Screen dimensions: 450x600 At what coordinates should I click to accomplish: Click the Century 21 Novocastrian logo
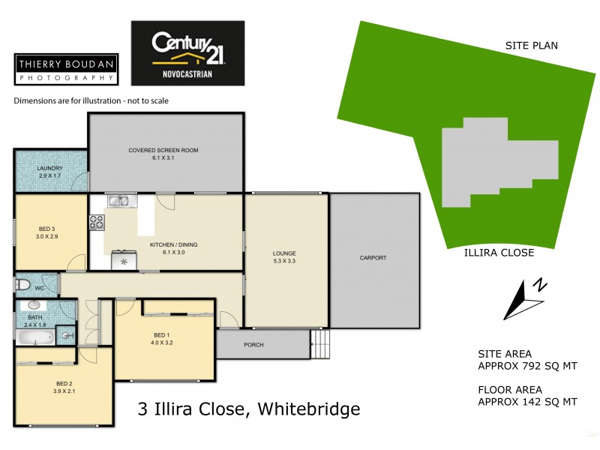(x=187, y=52)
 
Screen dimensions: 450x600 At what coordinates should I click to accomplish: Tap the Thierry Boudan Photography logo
(x=65, y=70)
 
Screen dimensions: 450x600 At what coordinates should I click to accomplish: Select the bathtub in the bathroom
(x=34, y=337)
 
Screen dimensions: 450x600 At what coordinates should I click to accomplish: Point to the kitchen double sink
(x=121, y=200)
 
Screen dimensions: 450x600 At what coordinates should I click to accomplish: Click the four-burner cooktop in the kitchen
(x=97, y=222)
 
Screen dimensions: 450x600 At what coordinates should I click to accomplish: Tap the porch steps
(x=320, y=346)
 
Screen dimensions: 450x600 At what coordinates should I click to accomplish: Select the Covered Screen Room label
(x=163, y=154)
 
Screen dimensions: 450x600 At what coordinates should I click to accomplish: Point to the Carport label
(x=373, y=257)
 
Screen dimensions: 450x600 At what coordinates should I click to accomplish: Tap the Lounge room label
(x=284, y=257)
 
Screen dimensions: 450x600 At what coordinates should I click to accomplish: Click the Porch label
(x=253, y=345)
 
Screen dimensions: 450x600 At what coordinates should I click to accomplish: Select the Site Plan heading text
(x=531, y=46)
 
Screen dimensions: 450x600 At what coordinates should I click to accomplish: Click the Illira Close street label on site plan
(x=498, y=253)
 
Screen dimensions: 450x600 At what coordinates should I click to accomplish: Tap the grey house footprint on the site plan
(x=495, y=161)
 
